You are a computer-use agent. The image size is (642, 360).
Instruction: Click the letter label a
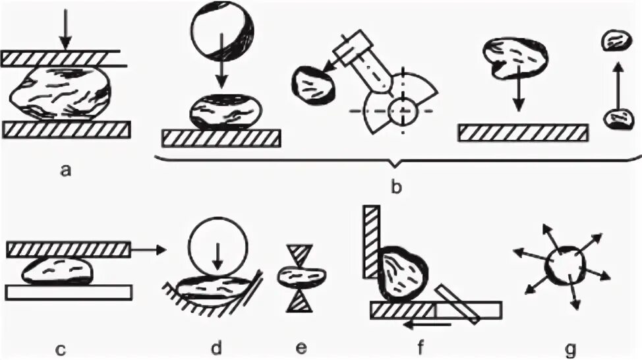65,171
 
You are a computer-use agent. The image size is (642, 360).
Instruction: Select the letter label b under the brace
395,187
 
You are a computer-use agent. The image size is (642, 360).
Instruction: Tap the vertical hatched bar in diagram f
370,241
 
